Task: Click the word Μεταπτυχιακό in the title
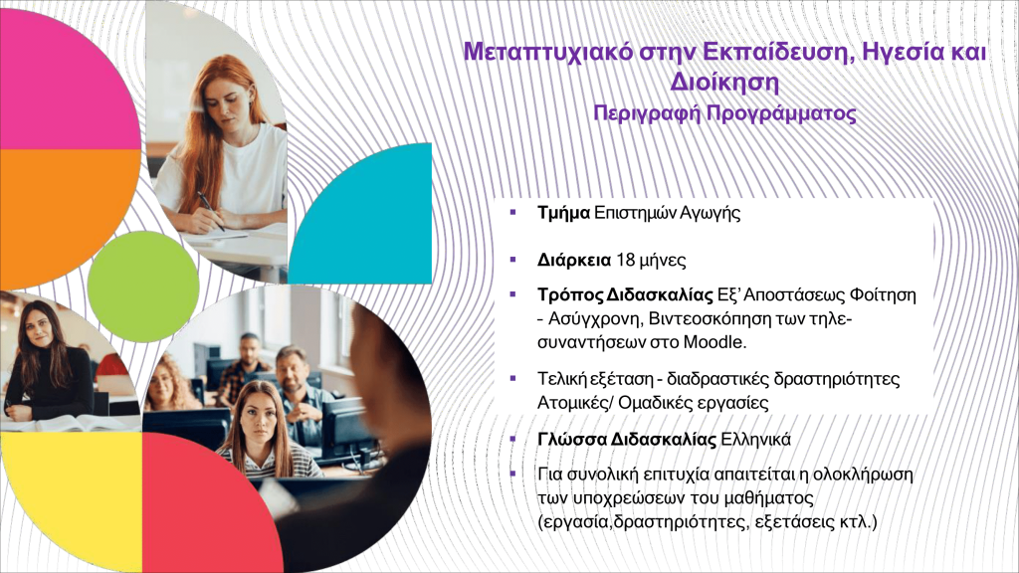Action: coord(547,52)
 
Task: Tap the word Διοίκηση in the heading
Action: coord(724,83)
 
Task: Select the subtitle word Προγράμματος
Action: coord(781,114)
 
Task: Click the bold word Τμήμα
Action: coord(563,213)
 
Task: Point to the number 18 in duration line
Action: coord(625,261)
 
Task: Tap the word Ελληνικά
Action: coord(756,440)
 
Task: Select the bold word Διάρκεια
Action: coord(574,261)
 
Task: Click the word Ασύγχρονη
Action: coord(590,319)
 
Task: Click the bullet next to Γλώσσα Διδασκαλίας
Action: coord(512,439)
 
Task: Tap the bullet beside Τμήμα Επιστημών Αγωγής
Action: coord(512,212)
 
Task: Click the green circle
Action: coord(143,286)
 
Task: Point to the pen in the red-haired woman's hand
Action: coord(211,210)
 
